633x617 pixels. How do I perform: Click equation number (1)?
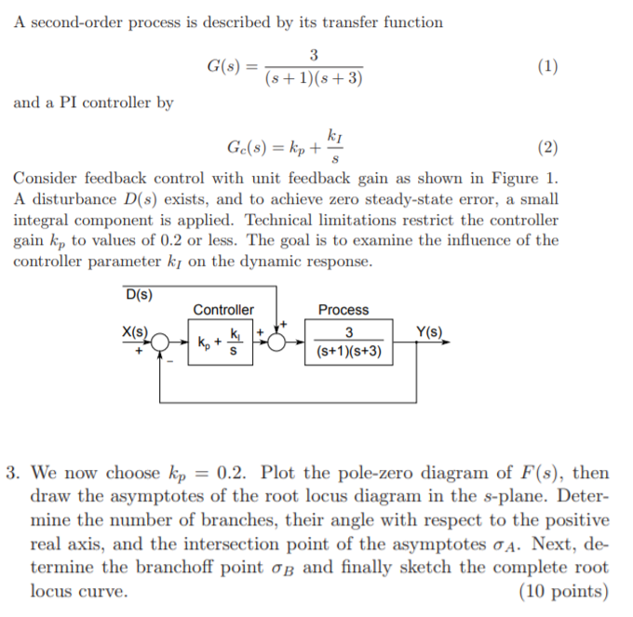[548, 66]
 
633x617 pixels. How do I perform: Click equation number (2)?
[548, 147]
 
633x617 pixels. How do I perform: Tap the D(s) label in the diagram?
[139, 295]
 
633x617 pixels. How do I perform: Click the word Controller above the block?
[223, 310]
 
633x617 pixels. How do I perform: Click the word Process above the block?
[343, 310]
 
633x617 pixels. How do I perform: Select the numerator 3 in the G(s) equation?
[314, 54]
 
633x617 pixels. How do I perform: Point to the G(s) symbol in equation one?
[223, 66]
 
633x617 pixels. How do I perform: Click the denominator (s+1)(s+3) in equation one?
[314, 79]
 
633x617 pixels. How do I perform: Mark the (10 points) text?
[563, 591]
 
